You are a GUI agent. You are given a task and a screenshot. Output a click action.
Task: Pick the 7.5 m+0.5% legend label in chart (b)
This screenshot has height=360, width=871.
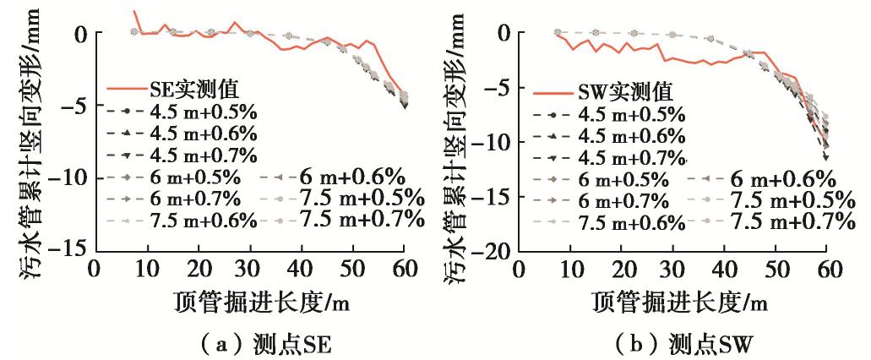point(789,199)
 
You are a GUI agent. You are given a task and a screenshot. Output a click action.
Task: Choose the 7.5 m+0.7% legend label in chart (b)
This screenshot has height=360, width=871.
point(789,221)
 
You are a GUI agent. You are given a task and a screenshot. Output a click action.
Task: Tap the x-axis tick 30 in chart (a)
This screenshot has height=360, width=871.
point(250,269)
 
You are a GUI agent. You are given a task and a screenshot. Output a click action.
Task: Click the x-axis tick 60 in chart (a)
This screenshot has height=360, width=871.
point(405,269)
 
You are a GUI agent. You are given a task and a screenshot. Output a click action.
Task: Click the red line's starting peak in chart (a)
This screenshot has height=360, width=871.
point(134,12)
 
